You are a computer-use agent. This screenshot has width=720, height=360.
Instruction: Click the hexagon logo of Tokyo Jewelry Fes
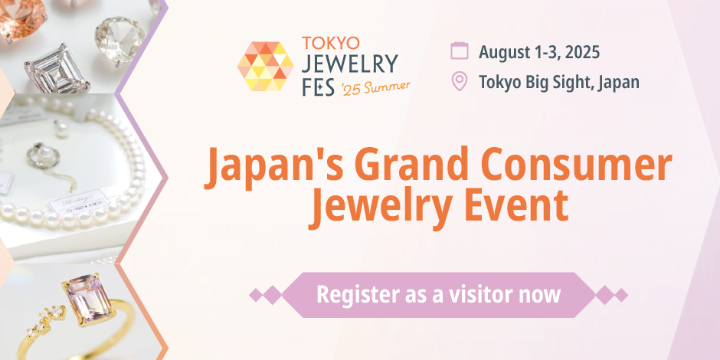pos(266,67)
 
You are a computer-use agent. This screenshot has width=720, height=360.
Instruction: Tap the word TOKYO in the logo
pos(330,42)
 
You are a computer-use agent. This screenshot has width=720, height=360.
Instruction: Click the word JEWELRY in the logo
pos(350,63)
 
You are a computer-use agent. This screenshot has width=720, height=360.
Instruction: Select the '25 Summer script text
pos(376,86)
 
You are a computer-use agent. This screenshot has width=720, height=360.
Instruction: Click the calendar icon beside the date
pos(460,51)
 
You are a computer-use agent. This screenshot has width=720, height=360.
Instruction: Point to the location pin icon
pos(460,81)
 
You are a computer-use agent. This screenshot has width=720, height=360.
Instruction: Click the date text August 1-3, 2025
pos(538,52)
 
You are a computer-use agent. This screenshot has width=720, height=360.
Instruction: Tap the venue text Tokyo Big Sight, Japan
pos(558,82)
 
